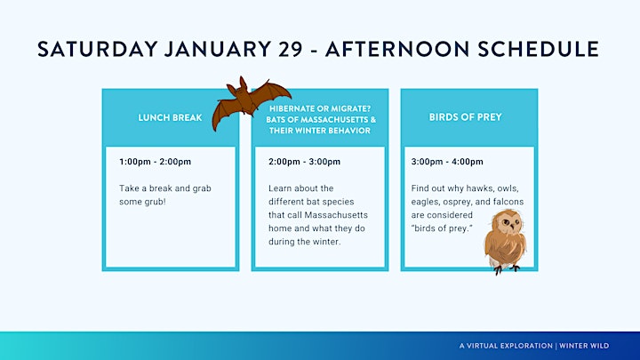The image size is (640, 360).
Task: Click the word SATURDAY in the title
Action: click(98, 49)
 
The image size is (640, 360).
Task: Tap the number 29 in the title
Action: click(291, 49)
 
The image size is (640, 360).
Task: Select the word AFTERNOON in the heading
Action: click(397, 49)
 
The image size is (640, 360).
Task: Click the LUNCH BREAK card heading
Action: click(170, 117)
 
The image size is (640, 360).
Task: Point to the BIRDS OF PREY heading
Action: click(465, 117)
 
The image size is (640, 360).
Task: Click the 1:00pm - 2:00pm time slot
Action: click(155, 162)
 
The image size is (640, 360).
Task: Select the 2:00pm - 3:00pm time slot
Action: click(305, 162)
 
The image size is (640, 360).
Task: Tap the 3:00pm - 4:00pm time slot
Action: click(447, 162)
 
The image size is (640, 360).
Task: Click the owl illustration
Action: click(505, 241)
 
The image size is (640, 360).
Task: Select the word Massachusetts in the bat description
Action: click(336, 215)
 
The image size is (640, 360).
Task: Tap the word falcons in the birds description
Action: click(508, 202)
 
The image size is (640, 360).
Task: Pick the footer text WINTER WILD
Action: click(584, 346)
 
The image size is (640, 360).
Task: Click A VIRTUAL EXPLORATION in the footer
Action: click(506, 346)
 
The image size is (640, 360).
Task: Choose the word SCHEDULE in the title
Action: click(539, 49)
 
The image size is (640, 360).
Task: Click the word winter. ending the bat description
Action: click(326, 242)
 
